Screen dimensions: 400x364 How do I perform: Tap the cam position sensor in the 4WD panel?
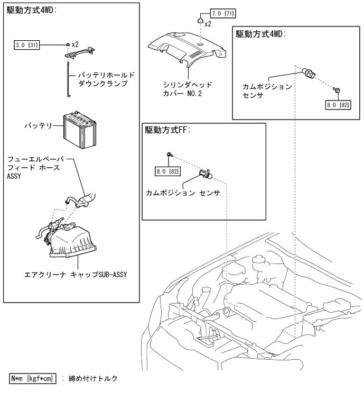pos(309,74)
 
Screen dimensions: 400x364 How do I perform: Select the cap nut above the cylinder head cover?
pos(200,21)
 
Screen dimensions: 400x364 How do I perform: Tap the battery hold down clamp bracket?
pos(79,51)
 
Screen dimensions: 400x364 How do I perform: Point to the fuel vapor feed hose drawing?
pos(81,200)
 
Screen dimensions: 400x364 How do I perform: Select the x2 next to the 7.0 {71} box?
pos(208,24)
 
